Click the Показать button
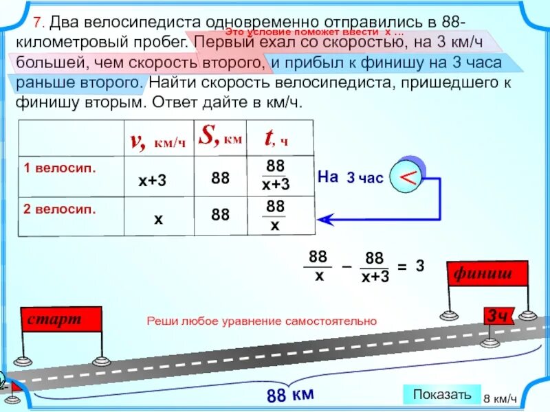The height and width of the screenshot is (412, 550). (442, 394)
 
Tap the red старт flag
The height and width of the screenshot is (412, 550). (61, 319)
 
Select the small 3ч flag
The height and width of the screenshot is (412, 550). (498, 317)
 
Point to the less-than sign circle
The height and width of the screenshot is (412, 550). (407, 177)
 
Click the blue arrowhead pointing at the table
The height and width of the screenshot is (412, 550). (325, 219)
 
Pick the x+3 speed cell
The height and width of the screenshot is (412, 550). (152, 180)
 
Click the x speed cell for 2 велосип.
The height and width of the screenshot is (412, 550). (158, 219)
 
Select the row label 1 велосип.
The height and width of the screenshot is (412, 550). (59, 168)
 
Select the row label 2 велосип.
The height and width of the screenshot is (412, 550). (59, 208)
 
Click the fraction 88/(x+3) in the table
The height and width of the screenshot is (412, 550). (276, 176)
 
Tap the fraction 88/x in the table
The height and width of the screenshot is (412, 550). (275, 216)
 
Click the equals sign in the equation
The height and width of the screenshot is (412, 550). (401, 266)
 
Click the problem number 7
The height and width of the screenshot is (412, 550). (39, 21)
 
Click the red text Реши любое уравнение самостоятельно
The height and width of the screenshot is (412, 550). (262, 321)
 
